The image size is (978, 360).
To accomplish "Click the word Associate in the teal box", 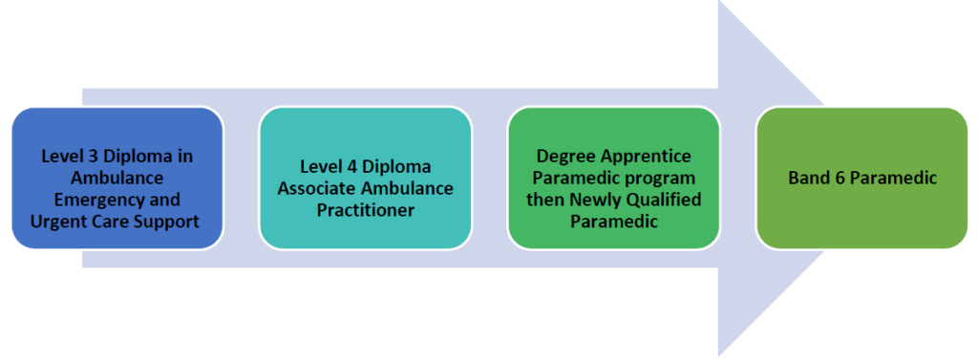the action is coord(316,187).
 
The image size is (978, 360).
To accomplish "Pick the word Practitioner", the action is coord(365,209).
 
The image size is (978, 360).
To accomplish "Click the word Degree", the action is coord(563,156).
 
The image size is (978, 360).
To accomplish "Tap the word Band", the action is coord(808,178).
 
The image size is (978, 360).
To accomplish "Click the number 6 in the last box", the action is coord(837,178).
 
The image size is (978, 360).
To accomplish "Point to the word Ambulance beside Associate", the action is coord(406,187).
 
